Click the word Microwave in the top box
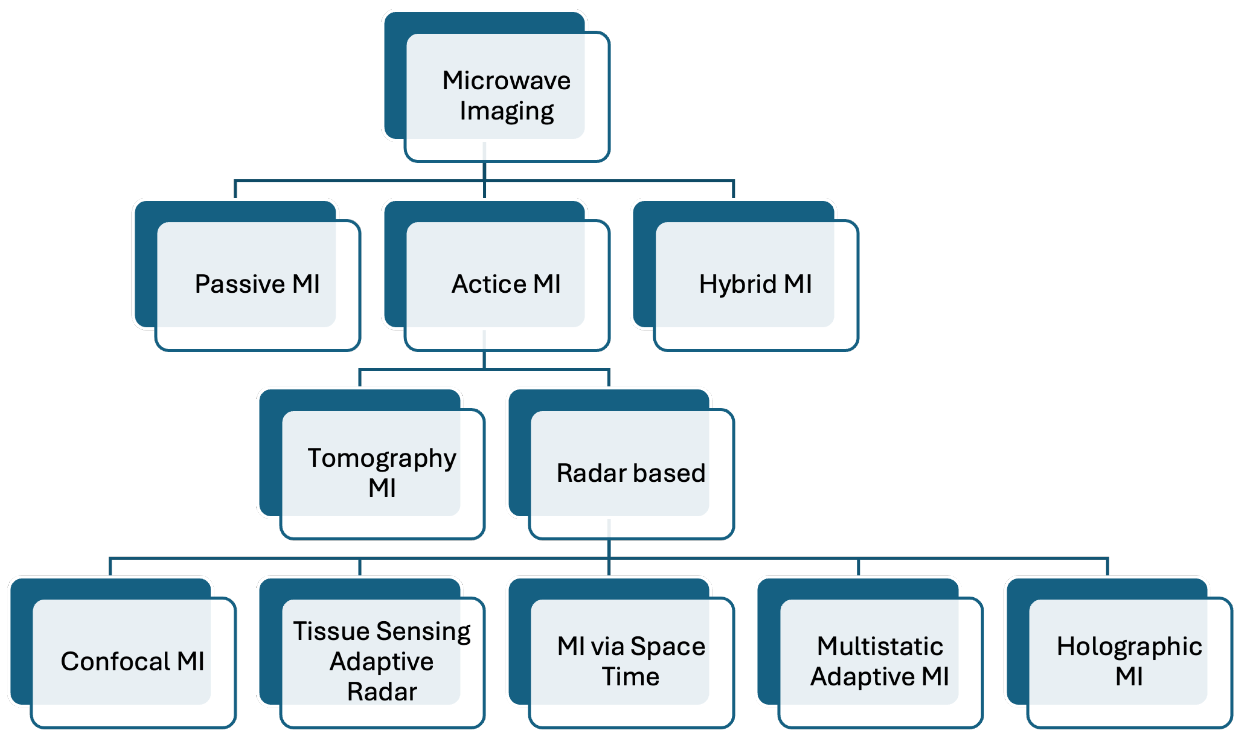pyautogui.click(x=506, y=81)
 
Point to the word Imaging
pyautogui.click(x=506, y=111)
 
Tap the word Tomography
pyautogui.click(x=382, y=458)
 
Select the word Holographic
pyautogui.click(x=1130, y=647)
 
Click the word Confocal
pyautogui.click(x=116, y=661)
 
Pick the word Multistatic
pyautogui.click(x=880, y=646)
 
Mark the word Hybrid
pyautogui.click(x=738, y=285)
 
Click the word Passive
pyautogui.click(x=240, y=284)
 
